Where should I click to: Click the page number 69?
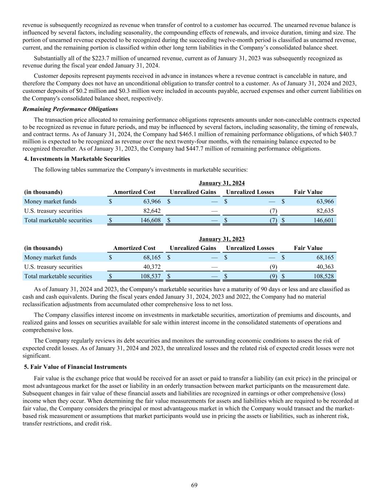point(194,485)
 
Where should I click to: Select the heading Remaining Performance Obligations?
point(70,109)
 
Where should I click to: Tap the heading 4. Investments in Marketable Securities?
point(77,159)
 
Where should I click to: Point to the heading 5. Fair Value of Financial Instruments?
point(75,367)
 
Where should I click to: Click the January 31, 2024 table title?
point(222,183)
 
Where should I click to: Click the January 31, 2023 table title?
point(222,239)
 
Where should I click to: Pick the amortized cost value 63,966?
point(151,201)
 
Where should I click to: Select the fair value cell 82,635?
point(324,211)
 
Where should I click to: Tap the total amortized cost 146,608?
point(150,220)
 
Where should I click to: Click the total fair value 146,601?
point(322,220)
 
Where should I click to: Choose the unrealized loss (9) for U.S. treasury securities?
point(273,267)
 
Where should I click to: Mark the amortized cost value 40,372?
point(151,267)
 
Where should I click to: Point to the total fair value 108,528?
point(322,276)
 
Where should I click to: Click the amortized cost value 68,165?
point(151,257)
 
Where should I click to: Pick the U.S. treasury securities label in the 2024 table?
point(53,211)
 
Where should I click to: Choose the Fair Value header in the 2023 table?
point(308,248)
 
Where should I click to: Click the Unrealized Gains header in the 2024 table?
point(193,192)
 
